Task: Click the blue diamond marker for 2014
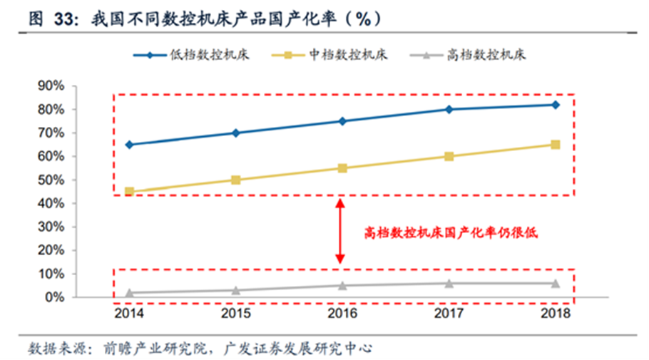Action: click(x=129, y=145)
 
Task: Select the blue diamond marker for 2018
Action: click(x=556, y=105)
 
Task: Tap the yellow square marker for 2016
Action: click(x=342, y=168)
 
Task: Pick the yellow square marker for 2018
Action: click(x=556, y=145)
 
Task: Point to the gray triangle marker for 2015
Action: click(x=235, y=290)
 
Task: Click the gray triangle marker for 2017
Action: click(x=449, y=283)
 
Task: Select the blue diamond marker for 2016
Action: click(x=342, y=121)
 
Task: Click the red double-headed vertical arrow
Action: click(x=341, y=232)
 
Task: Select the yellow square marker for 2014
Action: click(x=129, y=192)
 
